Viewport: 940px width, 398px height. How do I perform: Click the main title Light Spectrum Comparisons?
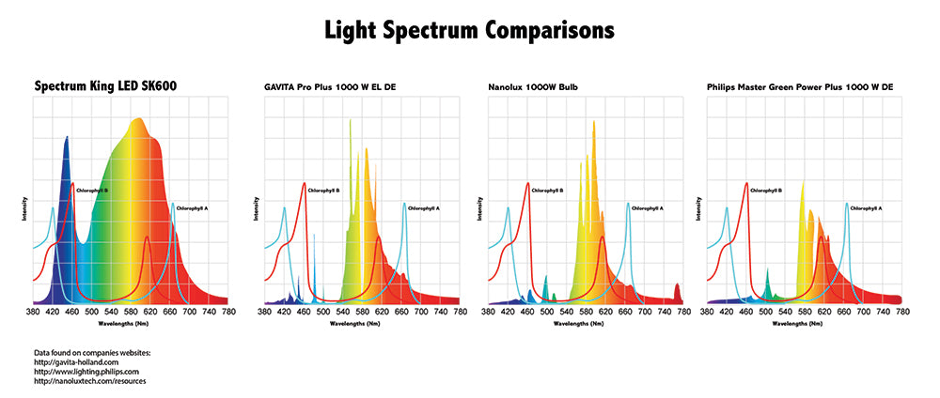pyautogui.click(x=469, y=30)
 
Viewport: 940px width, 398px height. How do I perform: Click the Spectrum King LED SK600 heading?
pyautogui.click(x=106, y=86)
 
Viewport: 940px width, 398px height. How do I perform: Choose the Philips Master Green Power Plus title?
pyautogui.click(x=800, y=87)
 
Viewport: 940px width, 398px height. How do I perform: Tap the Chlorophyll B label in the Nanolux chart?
pyautogui.click(x=547, y=191)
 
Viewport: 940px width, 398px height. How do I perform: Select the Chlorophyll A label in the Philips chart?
pyautogui.click(x=867, y=207)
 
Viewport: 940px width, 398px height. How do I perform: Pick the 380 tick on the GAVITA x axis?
pyautogui.click(x=264, y=312)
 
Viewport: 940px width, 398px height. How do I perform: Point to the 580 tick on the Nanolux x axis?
pyautogui.click(x=585, y=312)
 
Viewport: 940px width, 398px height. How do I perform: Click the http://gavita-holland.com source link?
pyautogui.click(x=76, y=361)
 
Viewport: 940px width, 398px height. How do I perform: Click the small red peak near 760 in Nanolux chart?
pyautogui.click(x=677, y=291)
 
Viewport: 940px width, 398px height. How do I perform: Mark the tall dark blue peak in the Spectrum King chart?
pyautogui.click(x=66, y=150)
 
